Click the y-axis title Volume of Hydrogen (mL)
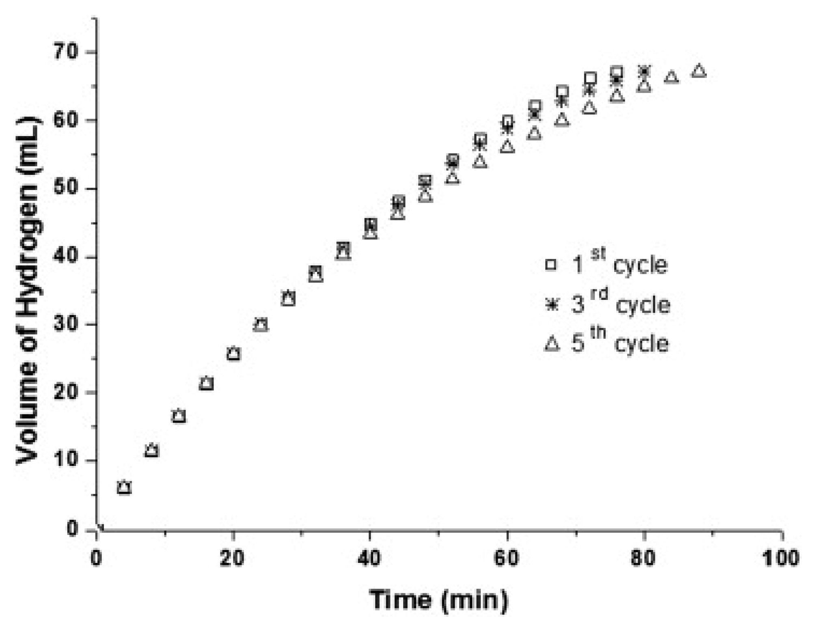click(x=28, y=290)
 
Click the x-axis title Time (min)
click(x=439, y=600)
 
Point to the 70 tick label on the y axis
click(x=67, y=52)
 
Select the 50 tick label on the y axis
click(x=67, y=189)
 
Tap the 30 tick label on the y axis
click(x=67, y=325)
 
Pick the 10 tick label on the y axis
click(x=67, y=461)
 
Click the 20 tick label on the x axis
click(x=232, y=558)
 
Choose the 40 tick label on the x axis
click(x=369, y=558)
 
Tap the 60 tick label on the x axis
click(x=507, y=558)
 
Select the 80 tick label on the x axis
click(x=644, y=558)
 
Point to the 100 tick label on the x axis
click(x=781, y=558)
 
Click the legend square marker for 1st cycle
click(x=551, y=265)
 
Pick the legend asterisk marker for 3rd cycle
click(x=552, y=304)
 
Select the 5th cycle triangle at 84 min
click(x=671, y=77)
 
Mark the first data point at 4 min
click(x=124, y=487)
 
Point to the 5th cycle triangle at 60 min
click(x=507, y=147)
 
